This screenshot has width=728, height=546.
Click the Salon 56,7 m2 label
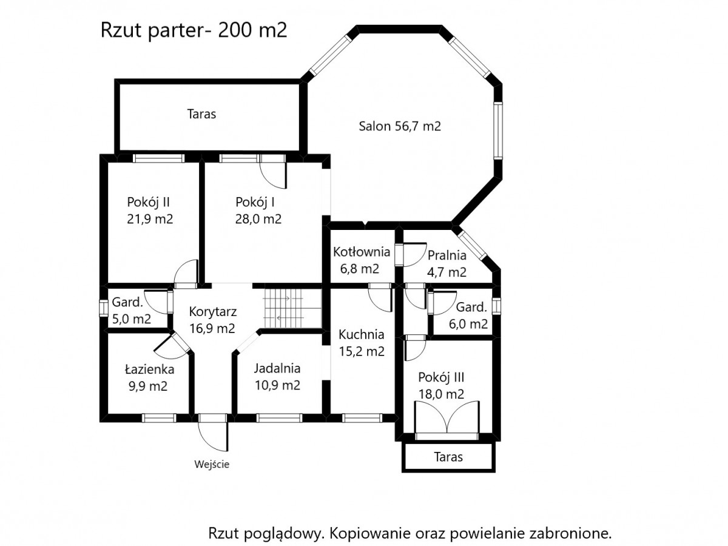[400, 126]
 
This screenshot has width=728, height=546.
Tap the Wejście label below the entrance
[212, 464]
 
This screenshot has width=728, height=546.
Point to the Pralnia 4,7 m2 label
[447, 263]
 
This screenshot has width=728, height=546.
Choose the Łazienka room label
[149, 377]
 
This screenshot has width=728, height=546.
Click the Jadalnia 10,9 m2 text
[278, 377]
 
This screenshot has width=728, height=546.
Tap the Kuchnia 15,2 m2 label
[361, 343]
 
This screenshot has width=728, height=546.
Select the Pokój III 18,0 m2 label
[441, 386]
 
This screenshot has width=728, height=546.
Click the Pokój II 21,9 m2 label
[150, 211]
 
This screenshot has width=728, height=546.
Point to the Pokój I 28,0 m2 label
[258, 211]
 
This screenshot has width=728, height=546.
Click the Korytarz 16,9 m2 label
[212, 320]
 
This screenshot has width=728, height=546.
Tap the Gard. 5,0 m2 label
[131, 311]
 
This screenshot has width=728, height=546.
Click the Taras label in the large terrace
[201, 114]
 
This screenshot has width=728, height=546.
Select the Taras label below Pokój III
[448, 457]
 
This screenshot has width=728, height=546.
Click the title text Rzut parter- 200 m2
[194, 30]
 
